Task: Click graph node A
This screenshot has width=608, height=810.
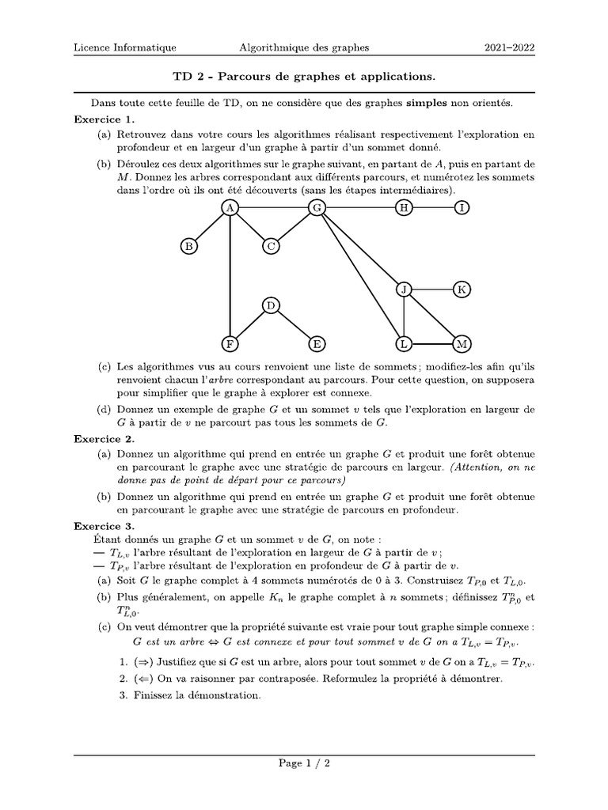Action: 230,208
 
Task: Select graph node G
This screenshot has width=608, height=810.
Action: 317,208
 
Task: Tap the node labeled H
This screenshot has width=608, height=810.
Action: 405,208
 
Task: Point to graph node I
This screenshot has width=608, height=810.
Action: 462,208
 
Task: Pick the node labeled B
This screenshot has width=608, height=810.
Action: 188,247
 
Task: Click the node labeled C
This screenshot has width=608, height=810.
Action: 271,247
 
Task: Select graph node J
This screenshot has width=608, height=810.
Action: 405,290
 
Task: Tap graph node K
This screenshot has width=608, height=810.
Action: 462,290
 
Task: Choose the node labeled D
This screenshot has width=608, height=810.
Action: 271,305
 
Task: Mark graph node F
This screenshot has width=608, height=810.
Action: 230,344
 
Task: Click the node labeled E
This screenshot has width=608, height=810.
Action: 317,344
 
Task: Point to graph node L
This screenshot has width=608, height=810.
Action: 405,344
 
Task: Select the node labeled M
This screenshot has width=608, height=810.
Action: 462,344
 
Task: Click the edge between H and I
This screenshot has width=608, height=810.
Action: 433,208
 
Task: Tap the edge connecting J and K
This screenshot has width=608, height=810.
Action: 433,290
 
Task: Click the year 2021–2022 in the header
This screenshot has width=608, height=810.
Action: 509,47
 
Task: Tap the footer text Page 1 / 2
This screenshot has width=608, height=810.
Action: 304,763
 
